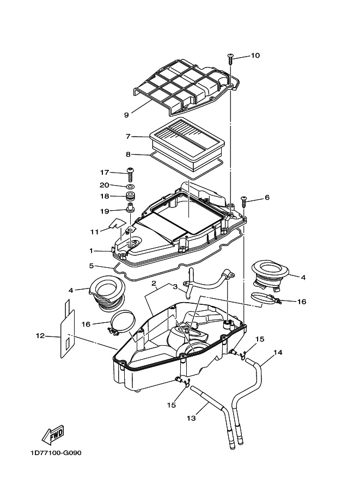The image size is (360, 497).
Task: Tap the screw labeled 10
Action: tap(230, 59)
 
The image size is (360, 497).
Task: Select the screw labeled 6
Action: tap(244, 201)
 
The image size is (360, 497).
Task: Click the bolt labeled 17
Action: tap(130, 175)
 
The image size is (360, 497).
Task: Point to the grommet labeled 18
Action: tap(130, 196)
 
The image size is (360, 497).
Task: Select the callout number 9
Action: tap(126, 115)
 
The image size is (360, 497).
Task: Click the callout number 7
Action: tap(128, 137)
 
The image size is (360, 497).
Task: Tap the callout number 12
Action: tap(40, 336)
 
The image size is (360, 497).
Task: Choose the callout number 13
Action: tap(191, 419)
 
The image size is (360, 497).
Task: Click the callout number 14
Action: tap(278, 352)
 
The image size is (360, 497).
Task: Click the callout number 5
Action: tap(91, 266)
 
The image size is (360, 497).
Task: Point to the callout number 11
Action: tap(95, 232)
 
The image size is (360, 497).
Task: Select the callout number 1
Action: tap(91, 251)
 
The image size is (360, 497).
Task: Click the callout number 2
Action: tap(154, 283)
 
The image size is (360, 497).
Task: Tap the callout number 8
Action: tap(128, 155)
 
